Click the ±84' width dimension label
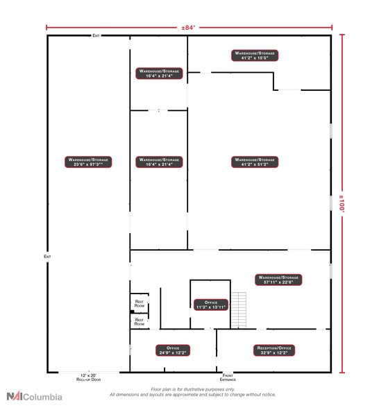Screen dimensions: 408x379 [189, 28]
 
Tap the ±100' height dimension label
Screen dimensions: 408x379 [341, 205]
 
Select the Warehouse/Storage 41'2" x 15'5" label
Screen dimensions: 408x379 [255, 55]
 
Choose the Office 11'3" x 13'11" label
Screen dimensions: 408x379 [211, 304]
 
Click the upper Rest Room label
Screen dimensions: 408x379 [139, 303]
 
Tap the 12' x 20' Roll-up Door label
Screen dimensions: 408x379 [89, 378]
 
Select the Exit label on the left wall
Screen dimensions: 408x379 [48, 256]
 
